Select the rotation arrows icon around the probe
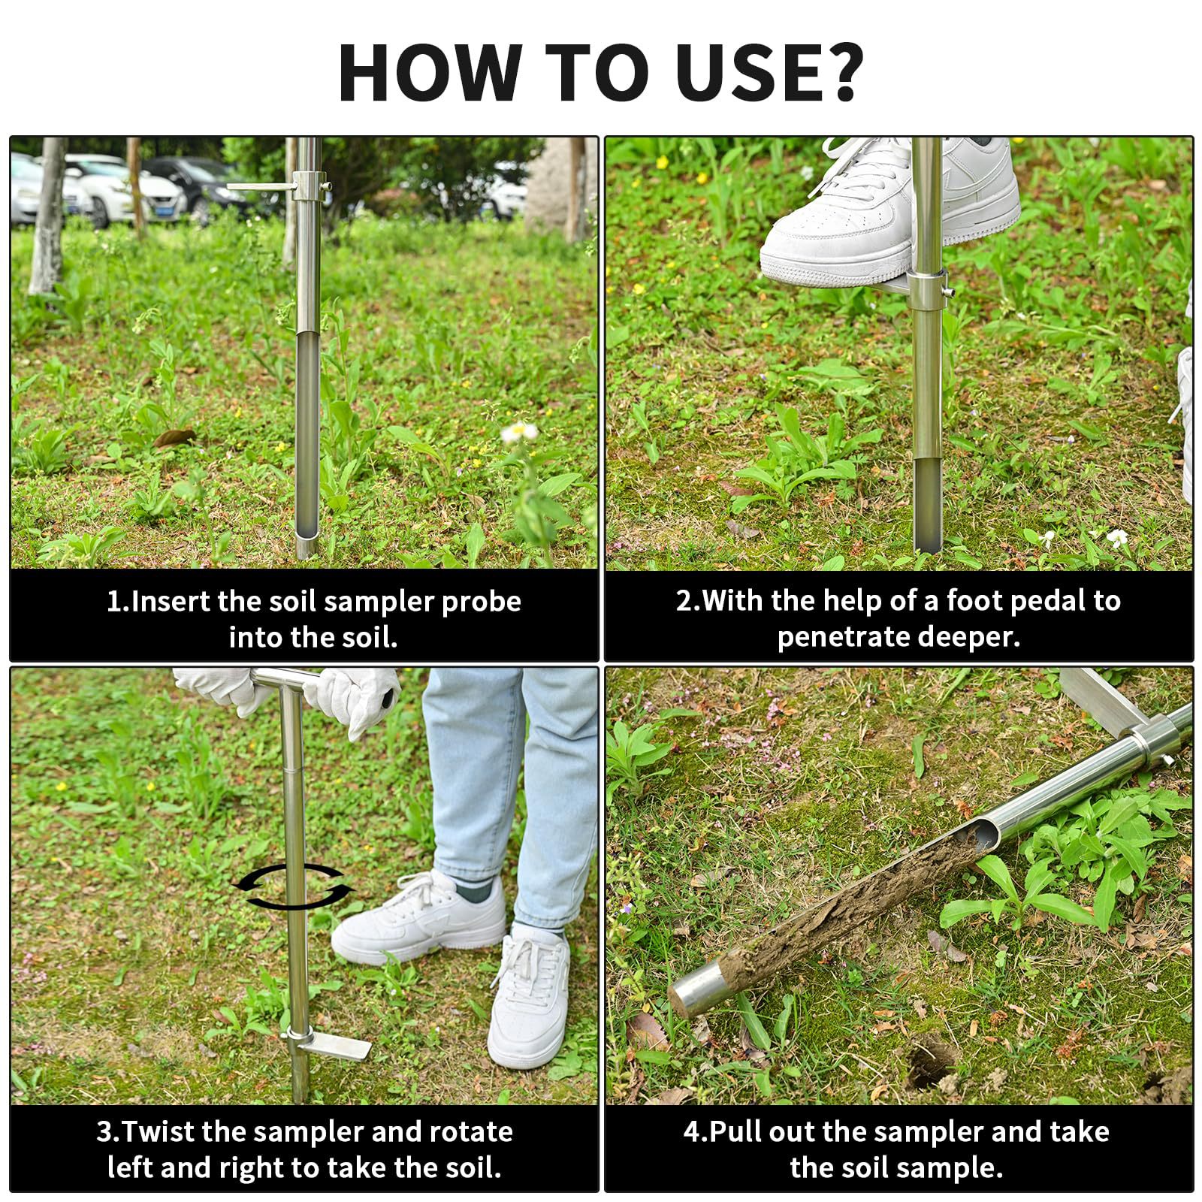coord(293,886)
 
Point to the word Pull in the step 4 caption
coord(736,1131)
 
